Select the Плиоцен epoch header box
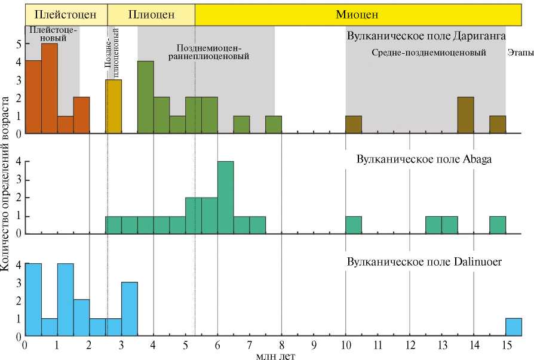pyautogui.click(x=151, y=14)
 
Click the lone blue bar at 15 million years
pyautogui.click(x=514, y=327)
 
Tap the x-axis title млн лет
pyautogui.click(x=274, y=355)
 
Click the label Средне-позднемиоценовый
pyautogui.click(x=428, y=53)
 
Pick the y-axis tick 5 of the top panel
pyautogui.click(x=19, y=44)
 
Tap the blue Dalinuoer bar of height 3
pyautogui.click(x=130, y=309)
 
